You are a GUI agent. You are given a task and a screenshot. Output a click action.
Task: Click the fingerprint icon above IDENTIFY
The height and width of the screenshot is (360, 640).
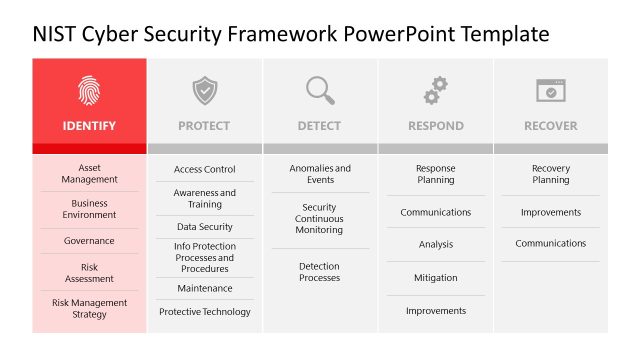tap(89, 91)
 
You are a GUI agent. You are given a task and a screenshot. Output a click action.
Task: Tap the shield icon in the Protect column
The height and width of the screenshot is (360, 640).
tap(204, 91)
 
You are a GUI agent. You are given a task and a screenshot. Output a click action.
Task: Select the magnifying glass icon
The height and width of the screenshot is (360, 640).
tap(320, 91)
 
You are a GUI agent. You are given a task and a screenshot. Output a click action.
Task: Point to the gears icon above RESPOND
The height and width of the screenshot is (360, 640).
tap(435, 91)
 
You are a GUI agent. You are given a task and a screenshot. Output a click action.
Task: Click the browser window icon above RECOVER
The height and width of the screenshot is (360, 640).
tap(550, 91)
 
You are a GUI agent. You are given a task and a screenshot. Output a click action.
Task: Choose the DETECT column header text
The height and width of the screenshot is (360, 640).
tap(319, 126)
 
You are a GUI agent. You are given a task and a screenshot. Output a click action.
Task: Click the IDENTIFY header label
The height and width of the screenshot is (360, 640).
tap(89, 126)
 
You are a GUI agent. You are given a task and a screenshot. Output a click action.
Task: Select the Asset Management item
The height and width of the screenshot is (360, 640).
tap(89, 174)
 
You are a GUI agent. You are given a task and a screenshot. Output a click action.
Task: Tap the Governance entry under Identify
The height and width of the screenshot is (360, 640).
tap(89, 241)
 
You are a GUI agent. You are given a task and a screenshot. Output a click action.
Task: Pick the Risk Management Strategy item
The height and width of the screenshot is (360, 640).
tap(89, 309)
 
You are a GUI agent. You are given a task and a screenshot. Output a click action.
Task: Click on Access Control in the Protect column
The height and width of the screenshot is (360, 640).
tap(204, 170)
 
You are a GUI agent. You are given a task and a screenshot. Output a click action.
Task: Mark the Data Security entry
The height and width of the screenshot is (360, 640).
tap(204, 227)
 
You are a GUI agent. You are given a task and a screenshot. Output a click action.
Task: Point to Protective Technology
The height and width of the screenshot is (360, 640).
tap(204, 312)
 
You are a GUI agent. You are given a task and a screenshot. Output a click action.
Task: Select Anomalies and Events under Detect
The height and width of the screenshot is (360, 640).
tap(320, 174)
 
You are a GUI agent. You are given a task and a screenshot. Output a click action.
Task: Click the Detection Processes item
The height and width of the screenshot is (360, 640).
tap(320, 272)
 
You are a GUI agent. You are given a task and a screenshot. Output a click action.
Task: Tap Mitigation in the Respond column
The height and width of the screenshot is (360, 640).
tap(435, 278)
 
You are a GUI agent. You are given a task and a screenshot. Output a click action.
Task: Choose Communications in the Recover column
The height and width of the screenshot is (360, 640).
tap(550, 244)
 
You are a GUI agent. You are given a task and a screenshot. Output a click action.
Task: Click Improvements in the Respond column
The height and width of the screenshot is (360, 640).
tap(435, 311)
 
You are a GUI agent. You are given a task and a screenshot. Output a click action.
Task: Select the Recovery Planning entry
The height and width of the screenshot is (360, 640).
tap(550, 174)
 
